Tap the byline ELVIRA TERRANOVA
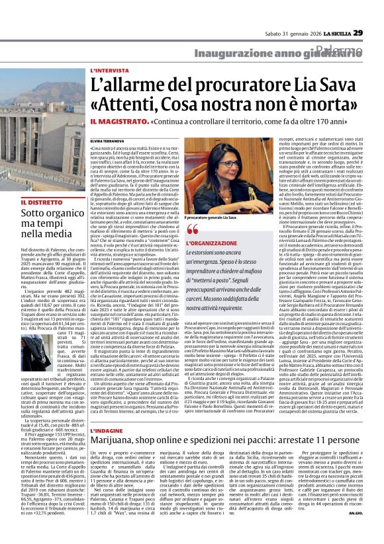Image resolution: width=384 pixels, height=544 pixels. click(109, 142)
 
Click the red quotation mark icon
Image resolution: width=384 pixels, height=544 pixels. click(193, 230)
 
